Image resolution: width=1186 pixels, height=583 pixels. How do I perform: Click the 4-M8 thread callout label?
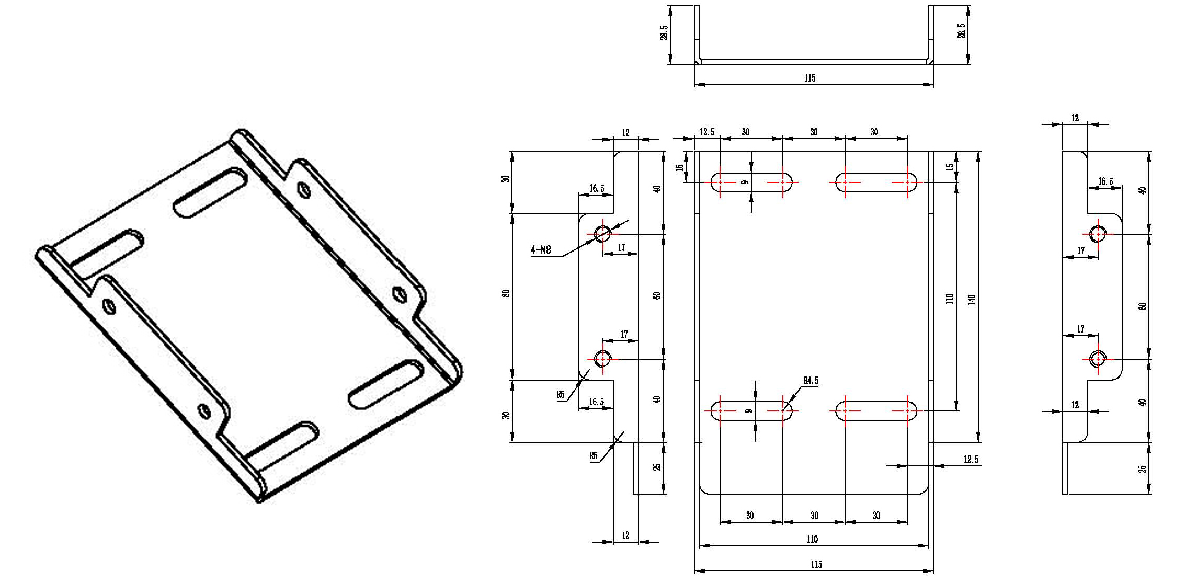click(541, 250)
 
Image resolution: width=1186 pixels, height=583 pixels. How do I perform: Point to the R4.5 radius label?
click(811, 381)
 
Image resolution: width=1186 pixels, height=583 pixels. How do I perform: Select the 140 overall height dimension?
click(972, 300)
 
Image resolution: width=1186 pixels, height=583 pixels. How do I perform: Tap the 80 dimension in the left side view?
click(506, 294)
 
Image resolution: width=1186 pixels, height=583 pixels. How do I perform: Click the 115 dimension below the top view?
click(809, 78)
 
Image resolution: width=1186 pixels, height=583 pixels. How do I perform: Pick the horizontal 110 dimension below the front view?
click(812, 539)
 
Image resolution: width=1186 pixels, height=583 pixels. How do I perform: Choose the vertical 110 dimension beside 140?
click(950, 299)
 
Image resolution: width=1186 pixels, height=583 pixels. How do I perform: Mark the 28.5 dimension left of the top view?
click(664, 32)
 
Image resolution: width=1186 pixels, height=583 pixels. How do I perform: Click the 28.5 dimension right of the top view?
click(961, 30)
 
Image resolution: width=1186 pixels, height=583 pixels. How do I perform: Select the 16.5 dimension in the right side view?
click(1105, 181)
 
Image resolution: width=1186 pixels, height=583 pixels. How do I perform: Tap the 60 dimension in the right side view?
click(1143, 306)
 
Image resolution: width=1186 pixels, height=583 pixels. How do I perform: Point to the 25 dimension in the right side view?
click(1143, 469)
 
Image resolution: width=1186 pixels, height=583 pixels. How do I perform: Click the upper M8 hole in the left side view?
click(603, 234)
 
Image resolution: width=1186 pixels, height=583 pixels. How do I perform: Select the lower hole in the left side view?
click(603, 359)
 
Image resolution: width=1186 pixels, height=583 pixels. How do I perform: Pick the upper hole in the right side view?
click(1098, 234)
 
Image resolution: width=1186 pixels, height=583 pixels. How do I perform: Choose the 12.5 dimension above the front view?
click(707, 132)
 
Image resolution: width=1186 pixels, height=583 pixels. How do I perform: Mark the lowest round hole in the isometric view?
click(204, 411)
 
